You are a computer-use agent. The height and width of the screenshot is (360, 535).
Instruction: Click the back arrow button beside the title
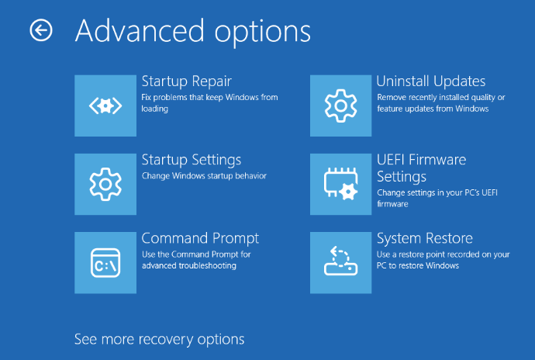pyautogui.click(x=41, y=30)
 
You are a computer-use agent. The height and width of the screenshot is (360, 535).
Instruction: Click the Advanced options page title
pyautogui.click(x=193, y=32)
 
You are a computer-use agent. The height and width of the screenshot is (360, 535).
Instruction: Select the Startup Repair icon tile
pyautogui.click(x=105, y=106)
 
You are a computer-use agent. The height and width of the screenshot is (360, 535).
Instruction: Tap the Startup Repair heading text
pyautogui.click(x=187, y=82)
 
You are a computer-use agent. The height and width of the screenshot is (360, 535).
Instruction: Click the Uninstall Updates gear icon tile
pyautogui.click(x=340, y=106)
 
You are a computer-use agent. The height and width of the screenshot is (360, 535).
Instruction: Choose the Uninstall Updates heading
pyautogui.click(x=431, y=81)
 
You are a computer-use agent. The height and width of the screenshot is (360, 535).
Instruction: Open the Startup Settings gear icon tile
pyautogui.click(x=105, y=184)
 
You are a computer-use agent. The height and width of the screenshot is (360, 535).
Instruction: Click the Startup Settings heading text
pyautogui.click(x=192, y=161)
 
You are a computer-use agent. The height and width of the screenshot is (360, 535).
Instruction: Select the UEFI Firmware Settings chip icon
pyautogui.click(x=340, y=184)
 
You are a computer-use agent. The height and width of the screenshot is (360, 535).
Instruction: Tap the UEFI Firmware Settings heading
pyautogui.click(x=421, y=168)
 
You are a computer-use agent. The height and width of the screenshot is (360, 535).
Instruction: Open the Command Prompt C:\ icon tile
pyautogui.click(x=105, y=263)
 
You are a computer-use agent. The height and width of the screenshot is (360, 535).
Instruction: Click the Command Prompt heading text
pyautogui.click(x=200, y=239)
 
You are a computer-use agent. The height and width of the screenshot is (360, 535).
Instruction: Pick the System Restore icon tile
pyautogui.click(x=340, y=263)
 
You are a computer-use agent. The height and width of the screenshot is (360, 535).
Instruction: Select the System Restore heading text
pyautogui.click(x=425, y=239)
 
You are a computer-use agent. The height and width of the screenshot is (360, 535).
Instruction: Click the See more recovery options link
pyautogui.click(x=160, y=340)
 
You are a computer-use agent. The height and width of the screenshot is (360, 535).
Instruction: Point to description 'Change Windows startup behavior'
pyautogui.click(x=204, y=176)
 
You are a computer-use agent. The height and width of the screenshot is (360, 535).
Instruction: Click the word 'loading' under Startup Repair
pyautogui.click(x=155, y=109)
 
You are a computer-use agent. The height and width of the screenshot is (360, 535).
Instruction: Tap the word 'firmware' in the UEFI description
pyautogui.click(x=392, y=204)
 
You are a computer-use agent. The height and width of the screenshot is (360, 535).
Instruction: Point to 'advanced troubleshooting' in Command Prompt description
pyautogui.click(x=189, y=265)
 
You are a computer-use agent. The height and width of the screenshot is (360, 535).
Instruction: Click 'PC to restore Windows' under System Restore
pyautogui.click(x=418, y=265)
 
